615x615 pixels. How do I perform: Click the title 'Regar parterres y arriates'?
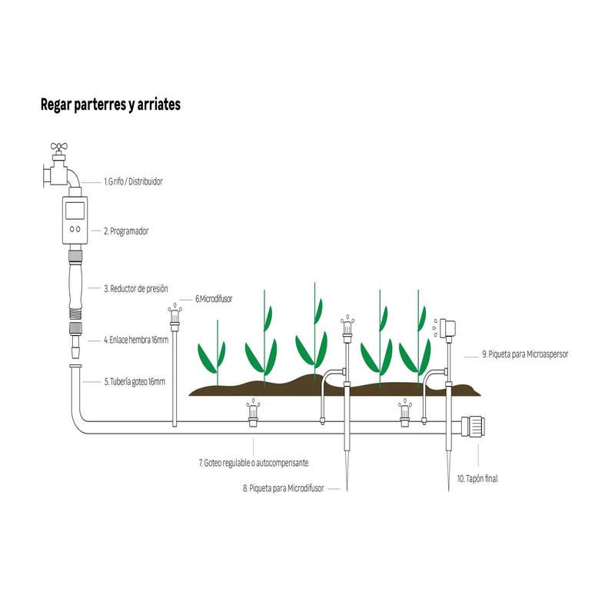[x=110, y=105]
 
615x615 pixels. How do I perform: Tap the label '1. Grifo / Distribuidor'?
[x=134, y=182]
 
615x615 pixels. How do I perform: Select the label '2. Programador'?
[x=127, y=230]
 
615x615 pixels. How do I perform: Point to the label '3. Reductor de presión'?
[x=136, y=289]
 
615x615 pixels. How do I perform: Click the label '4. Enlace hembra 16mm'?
[x=136, y=339]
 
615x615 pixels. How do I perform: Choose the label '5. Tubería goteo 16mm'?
[x=135, y=381]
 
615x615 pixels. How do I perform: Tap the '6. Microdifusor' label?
[x=214, y=298]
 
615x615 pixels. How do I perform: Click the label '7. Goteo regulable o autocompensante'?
[x=254, y=464]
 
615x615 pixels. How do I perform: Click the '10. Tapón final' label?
[x=477, y=478]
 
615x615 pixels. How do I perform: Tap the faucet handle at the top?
[x=59, y=147]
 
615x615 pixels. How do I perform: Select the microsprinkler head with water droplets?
[x=446, y=327]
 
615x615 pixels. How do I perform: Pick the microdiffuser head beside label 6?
[x=175, y=315]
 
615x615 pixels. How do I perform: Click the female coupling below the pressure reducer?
[x=75, y=333]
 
